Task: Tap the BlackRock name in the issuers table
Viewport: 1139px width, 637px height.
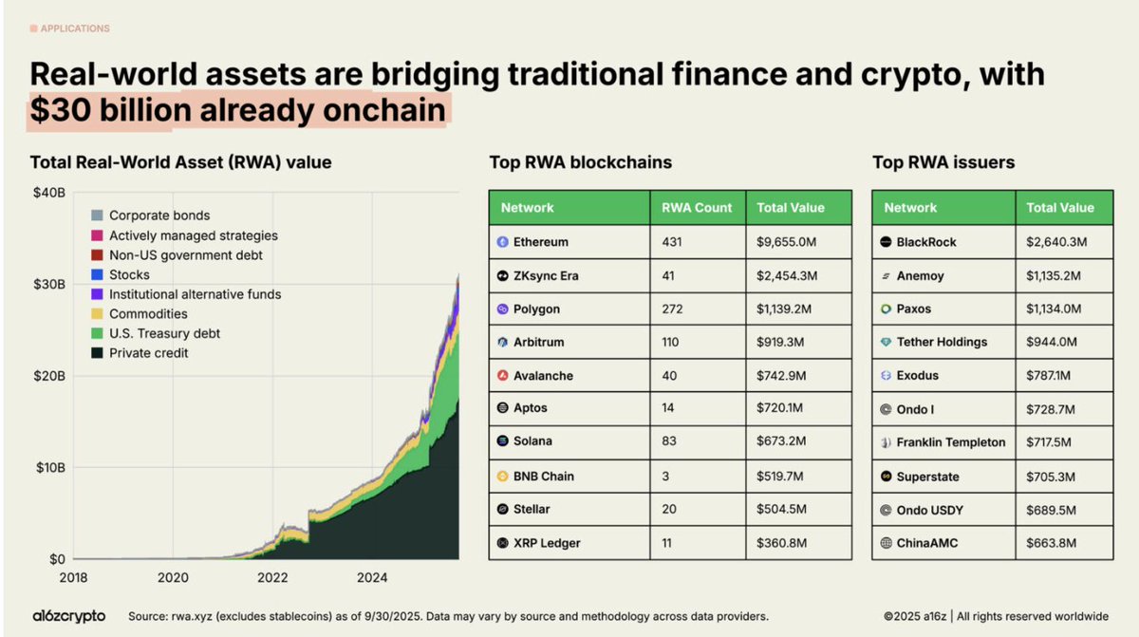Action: [926, 242]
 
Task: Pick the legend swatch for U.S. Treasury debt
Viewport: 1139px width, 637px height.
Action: [97, 333]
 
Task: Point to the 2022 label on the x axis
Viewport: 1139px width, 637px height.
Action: [272, 577]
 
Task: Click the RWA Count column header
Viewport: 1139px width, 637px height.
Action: [697, 207]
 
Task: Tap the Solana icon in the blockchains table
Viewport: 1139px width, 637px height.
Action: [503, 441]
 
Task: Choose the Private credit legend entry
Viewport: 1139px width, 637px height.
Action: [148, 353]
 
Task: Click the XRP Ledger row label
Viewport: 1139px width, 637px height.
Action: [547, 543]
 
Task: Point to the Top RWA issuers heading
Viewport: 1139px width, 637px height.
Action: [943, 162]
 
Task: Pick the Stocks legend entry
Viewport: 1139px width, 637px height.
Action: [129, 274]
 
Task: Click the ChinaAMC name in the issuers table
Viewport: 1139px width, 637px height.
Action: [927, 543]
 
